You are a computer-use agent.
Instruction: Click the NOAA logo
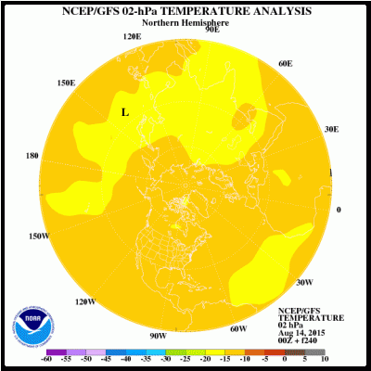(x=28, y=322)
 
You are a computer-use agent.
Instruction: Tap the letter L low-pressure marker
(x=125, y=112)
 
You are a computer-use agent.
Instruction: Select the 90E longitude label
(x=211, y=29)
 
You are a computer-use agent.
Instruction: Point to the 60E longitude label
(x=285, y=63)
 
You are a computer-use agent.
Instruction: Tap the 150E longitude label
(x=65, y=83)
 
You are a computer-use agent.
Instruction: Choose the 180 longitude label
(x=32, y=156)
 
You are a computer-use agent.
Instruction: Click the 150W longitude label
(x=37, y=237)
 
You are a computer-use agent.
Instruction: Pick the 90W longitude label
(x=158, y=335)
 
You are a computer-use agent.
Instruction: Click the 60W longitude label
(x=238, y=328)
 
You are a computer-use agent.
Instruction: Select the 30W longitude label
(x=302, y=282)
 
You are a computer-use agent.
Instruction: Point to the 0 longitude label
(x=339, y=210)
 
